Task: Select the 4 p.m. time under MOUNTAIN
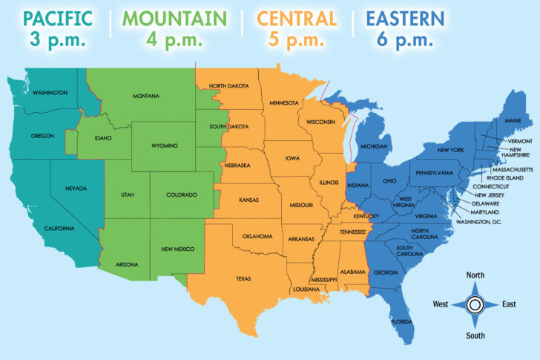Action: click(x=176, y=40)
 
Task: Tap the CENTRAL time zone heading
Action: click(x=297, y=18)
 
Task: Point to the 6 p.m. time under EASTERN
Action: click(x=404, y=40)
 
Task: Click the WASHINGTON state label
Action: click(x=50, y=93)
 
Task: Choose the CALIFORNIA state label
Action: click(x=59, y=228)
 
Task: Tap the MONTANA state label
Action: click(x=146, y=96)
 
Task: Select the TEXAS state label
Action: click(x=243, y=279)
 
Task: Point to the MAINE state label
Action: click(x=513, y=120)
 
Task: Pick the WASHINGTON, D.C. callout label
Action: click(x=478, y=222)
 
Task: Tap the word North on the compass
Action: click(x=475, y=275)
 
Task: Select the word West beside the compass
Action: click(x=441, y=304)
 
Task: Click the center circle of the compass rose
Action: click(x=475, y=304)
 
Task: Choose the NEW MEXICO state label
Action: click(x=178, y=249)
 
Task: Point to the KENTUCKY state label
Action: click(x=366, y=216)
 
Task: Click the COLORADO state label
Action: click(x=182, y=195)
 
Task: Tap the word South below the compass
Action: click(x=475, y=335)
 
